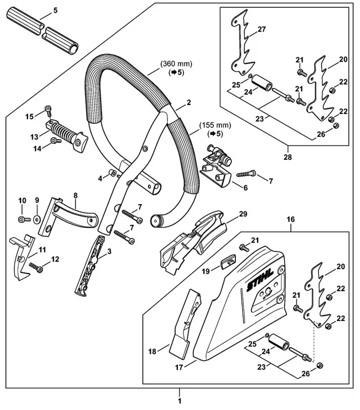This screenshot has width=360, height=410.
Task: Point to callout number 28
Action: pyautogui.click(x=288, y=156)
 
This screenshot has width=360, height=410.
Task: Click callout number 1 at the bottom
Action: pyautogui.click(x=180, y=400)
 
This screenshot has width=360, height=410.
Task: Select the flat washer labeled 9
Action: pyautogui.click(x=37, y=219)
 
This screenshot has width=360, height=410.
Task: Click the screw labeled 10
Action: pyautogui.click(x=22, y=219)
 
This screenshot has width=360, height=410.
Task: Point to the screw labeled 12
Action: pyautogui.click(x=37, y=269)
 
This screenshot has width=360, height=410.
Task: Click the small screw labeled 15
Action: pyautogui.click(x=48, y=109)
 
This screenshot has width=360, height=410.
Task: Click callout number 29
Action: pyautogui.click(x=243, y=214)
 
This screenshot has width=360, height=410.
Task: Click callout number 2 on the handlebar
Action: pyautogui.click(x=188, y=102)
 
